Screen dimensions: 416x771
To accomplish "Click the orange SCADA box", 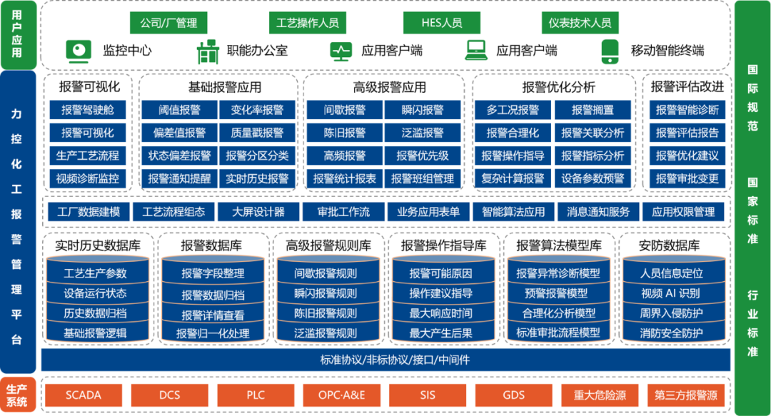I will [84, 395].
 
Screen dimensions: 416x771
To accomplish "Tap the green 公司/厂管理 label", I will [168, 23].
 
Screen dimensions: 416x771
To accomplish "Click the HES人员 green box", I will [442, 23].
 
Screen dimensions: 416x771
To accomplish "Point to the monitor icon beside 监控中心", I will [79, 50].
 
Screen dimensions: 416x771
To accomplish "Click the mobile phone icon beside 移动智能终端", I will [609, 50].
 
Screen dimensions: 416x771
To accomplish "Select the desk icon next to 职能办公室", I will [207, 51].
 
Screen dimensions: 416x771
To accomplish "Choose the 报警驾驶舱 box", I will [88, 110].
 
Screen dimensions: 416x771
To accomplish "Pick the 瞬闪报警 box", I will [423, 110].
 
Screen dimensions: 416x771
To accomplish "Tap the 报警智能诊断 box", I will [687, 110].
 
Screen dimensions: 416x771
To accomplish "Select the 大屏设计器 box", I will [258, 212].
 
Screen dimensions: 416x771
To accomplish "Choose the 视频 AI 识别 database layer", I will [670, 293].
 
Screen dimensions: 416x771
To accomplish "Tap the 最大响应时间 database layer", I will [440, 313].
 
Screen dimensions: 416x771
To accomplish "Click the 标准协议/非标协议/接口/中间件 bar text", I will [385, 360].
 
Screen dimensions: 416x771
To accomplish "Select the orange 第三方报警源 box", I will [685, 395].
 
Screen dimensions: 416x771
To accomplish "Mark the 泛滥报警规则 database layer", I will [326, 333].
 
